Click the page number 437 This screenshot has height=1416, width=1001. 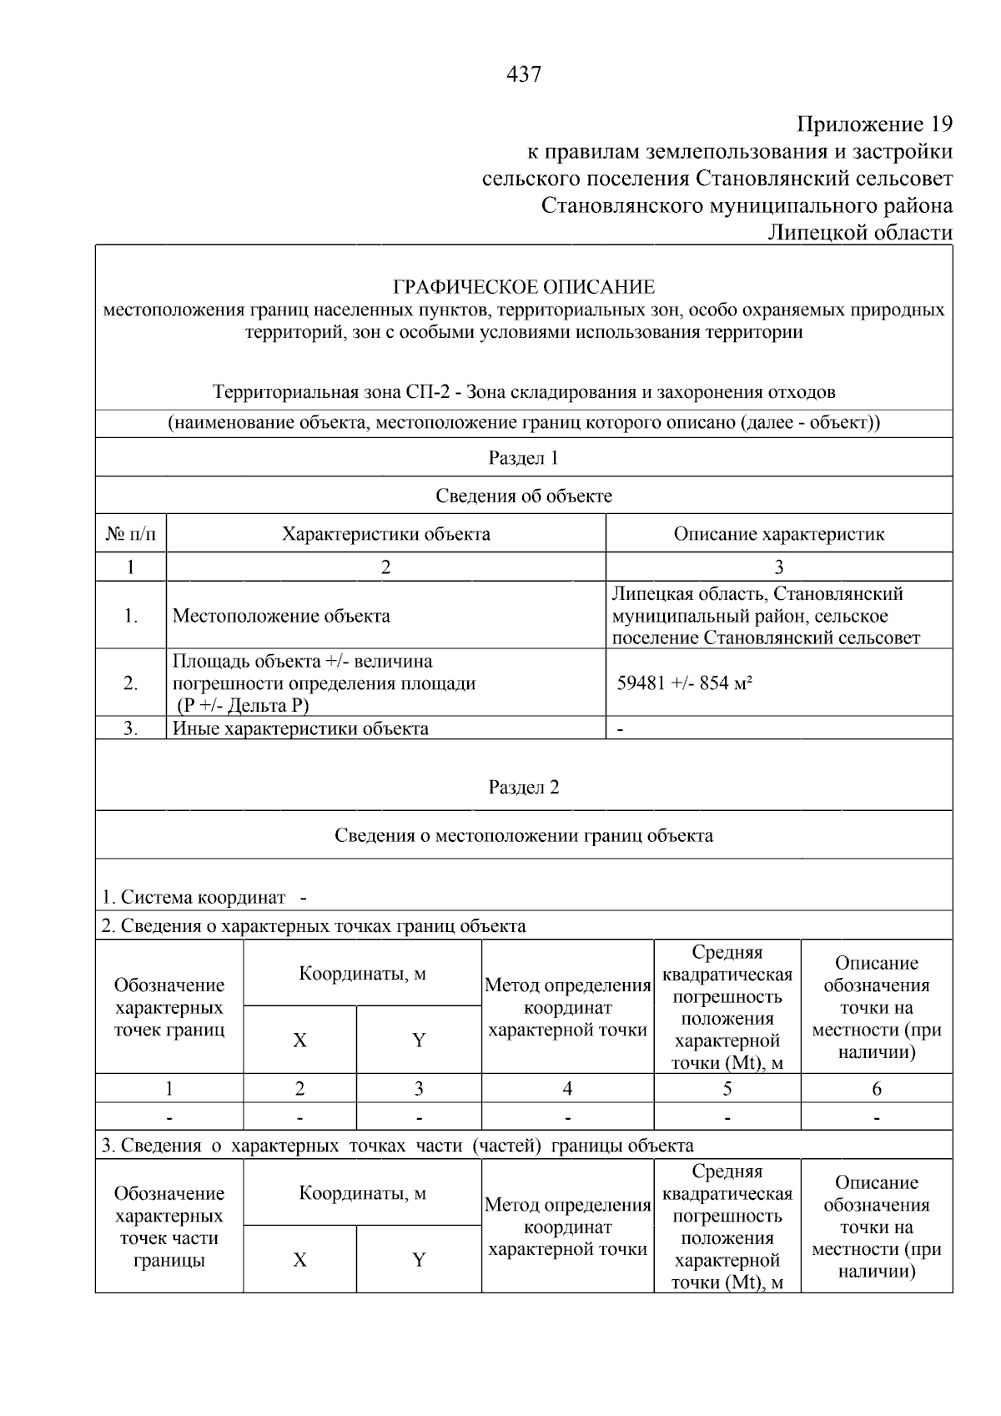(x=524, y=75)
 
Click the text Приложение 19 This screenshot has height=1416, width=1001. (x=874, y=124)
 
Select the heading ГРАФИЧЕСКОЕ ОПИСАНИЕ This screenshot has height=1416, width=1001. (x=524, y=287)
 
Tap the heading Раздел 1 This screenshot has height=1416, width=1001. (x=523, y=457)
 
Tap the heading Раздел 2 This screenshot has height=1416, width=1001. (x=523, y=787)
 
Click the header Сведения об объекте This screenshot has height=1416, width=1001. (x=523, y=496)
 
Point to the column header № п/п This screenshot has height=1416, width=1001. (x=130, y=533)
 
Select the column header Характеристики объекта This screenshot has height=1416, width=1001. (x=385, y=533)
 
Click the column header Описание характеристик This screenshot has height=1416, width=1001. (x=778, y=533)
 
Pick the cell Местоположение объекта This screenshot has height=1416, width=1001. (x=281, y=616)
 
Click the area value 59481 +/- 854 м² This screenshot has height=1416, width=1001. (x=684, y=683)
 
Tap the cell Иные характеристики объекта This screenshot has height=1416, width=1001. (x=300, y=728)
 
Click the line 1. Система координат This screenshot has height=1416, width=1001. (x=194, y=897)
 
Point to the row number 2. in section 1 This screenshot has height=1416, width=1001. (x=130, y=683)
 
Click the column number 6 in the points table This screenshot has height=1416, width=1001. (x=876, y=1088)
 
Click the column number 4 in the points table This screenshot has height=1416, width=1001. (x=567, y=1088)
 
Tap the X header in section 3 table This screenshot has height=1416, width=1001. (x=299, y=1259)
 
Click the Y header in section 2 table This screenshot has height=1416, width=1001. (x=419, y=1040)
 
